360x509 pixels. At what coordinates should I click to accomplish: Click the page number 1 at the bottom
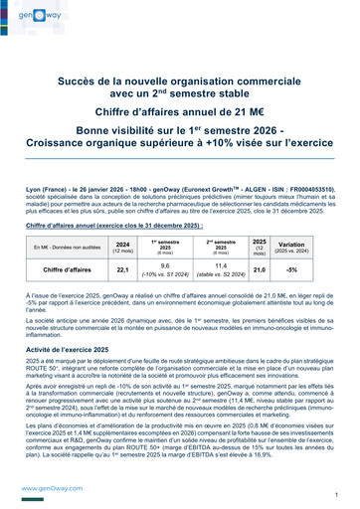[337, 494]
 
